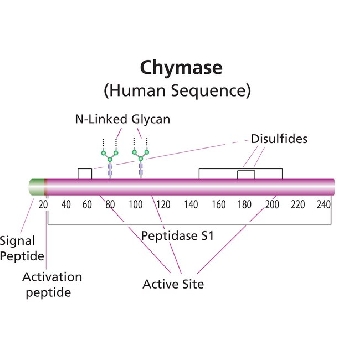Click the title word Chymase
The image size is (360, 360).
181,68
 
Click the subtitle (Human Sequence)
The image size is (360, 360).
177,90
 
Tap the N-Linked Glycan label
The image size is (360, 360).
123,119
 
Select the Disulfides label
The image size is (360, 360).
279,139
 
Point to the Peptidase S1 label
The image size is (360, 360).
177,236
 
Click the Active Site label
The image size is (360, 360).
173,284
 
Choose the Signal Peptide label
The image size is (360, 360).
22,248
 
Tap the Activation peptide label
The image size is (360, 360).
52,285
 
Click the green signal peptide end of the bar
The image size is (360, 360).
37,187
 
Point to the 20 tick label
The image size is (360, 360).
43,204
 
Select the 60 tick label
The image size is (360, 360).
87,204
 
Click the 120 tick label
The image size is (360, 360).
163,204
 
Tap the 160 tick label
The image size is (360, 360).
218,204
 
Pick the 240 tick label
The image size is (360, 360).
323,204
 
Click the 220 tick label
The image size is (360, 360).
297,204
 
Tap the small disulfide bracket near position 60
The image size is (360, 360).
85,169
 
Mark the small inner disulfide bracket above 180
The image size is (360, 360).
246,171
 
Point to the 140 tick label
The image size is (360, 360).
191,204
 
